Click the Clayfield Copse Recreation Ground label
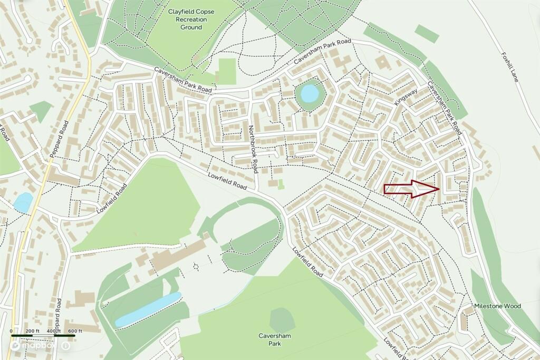tap(191, 19)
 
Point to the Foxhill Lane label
tap(510, 66)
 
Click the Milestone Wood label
tap(497, 306)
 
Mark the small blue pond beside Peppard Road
tap(23, 202)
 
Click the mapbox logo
tap(33, 346)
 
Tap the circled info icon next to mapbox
tap(65, 346)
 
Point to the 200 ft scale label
tap(33, 330)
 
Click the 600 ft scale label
tap(75, 330)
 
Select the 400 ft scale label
tap(54, 330)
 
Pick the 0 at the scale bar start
tap(12, 330)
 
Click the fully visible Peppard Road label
tap(60, 139)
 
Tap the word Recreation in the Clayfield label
tap(191, 19)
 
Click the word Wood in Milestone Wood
tap(512, 306)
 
